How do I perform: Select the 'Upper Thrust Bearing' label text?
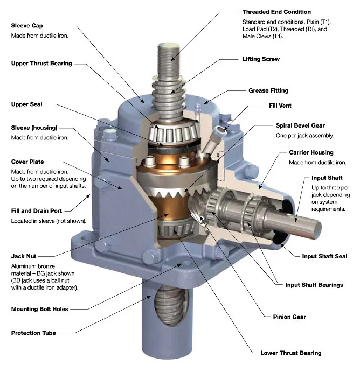click(41, 64)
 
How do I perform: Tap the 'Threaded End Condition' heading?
click(276, 12)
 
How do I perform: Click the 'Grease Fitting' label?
click(268, 90)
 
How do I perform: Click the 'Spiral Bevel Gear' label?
click(301, 125)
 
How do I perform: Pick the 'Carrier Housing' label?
click(311, 152)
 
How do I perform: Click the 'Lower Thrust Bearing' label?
click(290, 353)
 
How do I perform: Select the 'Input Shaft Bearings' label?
click(314, 285)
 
